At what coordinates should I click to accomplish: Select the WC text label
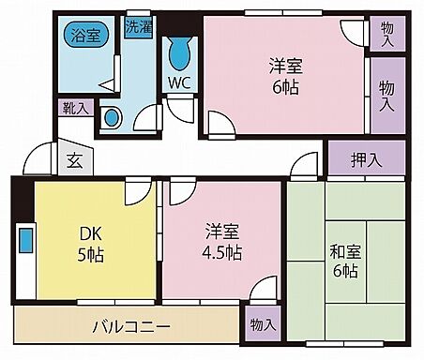click(x=179, y=81)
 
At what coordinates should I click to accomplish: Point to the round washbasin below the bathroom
click(x=112, y=118)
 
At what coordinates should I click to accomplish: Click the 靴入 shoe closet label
click(x=75, y=109)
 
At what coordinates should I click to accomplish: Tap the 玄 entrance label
click(x=73, y=159)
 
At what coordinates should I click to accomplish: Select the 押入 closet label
click(x=368, y=160)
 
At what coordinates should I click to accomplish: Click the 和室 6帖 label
click(x=343, y=262)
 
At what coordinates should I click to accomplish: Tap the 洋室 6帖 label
click(x=284, y=77)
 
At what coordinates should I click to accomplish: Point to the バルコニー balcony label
click(x=130, y=328)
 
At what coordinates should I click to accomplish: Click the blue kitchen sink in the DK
click(x=25, y=240)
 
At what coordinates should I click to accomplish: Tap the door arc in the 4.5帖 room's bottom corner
click(x=265, y=289)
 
